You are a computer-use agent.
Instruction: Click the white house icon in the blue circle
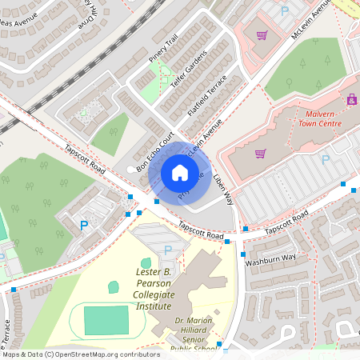pyautogui.click(x=180, y=172)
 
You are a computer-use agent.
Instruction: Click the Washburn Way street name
pyautogui.click(x=270, y=258)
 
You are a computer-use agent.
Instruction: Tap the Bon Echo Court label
pyautogui.click(x=155, y=152)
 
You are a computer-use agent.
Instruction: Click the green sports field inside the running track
pyautogui.click(x=106, y=319)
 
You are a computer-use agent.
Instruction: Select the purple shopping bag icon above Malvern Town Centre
pyautogui.click(x=352, y=100)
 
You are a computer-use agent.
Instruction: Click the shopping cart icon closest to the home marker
pyautogui.click(x=259, y=154)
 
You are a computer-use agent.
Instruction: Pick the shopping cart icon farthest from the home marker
pyautogui.click(x=262, y=35)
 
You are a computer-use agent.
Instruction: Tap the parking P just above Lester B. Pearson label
pyautogui.click(x=167, y=251)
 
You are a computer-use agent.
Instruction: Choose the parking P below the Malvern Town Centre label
pyautogui.click(x=325, y=159)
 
